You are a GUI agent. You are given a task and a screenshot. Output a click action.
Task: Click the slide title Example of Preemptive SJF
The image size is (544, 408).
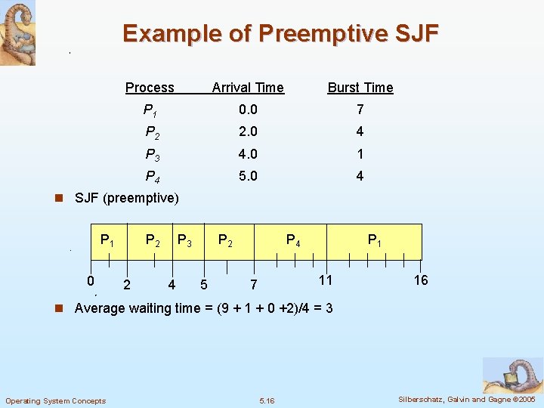280,34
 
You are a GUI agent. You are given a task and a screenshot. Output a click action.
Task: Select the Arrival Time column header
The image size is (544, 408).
248,88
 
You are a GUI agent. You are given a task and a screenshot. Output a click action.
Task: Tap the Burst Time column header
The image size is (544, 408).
360,88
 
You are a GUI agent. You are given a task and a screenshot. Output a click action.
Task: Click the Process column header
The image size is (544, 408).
150,88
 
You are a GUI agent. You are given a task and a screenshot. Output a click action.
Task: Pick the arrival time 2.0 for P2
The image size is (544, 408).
248,131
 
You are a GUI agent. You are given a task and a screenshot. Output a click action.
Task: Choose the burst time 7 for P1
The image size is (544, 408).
360,110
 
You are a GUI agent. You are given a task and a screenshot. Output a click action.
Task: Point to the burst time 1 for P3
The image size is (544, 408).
360,154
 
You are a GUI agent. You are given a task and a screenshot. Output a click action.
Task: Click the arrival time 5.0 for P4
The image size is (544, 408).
248,177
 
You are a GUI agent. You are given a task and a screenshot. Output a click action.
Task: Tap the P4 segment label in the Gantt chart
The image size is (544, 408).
293,241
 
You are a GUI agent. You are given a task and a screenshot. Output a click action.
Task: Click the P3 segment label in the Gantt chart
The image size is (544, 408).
184,241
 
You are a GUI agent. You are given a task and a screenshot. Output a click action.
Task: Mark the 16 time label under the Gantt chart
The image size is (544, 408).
421,280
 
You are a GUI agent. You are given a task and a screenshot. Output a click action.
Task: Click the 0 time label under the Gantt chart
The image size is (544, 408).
90,280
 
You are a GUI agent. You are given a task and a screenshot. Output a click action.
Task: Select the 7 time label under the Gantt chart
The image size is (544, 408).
254,285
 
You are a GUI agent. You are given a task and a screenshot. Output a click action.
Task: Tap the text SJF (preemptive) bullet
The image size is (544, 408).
126,199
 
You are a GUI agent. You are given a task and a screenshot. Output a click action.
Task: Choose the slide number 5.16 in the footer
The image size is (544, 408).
267,400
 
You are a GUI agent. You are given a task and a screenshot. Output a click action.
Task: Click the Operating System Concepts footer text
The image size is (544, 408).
56,400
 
